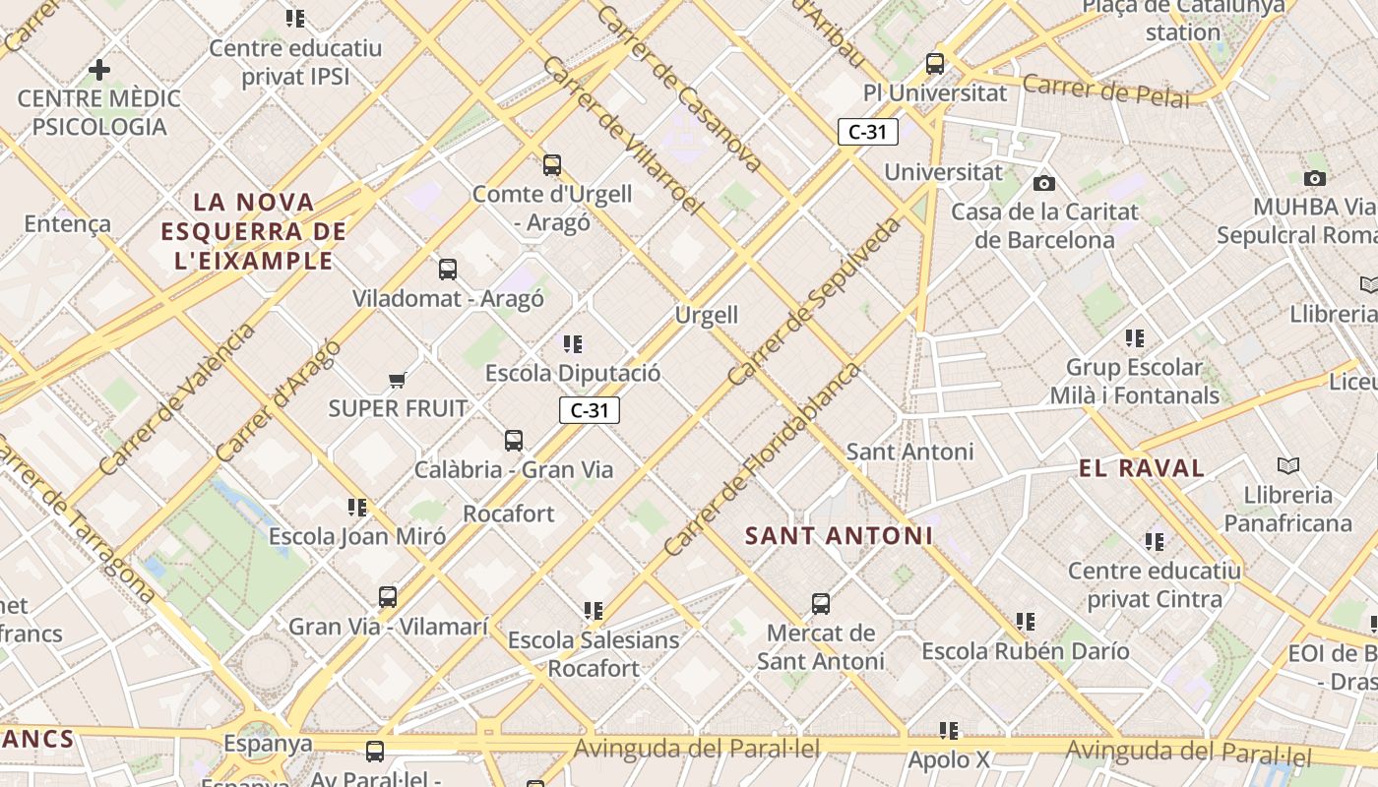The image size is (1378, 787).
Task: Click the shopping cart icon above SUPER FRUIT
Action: (x=397, y=380)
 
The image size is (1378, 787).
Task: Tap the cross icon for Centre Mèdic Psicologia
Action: (x=98, y=70)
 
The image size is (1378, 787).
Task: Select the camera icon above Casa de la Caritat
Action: (x=1044, y=183)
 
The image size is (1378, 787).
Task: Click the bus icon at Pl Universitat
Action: (x=935, y=64)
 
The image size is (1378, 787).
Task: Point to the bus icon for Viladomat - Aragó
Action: (x=448, y=269)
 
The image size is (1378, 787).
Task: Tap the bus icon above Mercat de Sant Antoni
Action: (x=821, y=603)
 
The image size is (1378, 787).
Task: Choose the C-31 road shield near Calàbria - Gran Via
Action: (x=590, y=410)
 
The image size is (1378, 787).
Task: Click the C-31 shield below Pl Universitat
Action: (x=867, y=132)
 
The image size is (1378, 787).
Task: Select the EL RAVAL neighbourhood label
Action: (x=1142, y=468)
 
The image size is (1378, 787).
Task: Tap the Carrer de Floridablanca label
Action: (x=762, y=460)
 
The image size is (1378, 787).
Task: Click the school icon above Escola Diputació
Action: (x=573, y=344)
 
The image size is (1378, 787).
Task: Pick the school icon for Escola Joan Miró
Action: (x=357, y=508)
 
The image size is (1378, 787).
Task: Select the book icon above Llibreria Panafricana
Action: (x=1287, y=465)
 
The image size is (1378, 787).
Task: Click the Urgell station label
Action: (x=707, y=315)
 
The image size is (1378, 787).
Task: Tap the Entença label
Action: (x=67, y=223)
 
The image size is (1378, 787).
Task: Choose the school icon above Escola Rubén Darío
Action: (x=1026, y=622)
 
